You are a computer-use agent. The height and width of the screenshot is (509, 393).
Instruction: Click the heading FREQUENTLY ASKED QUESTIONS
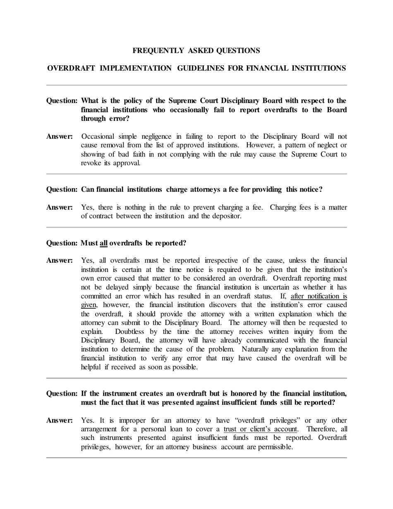click(x=196, y=51)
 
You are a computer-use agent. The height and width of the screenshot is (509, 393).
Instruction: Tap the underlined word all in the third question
click(x=103, y=243)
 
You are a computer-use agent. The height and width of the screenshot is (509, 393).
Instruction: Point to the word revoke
click(x=89, y=163)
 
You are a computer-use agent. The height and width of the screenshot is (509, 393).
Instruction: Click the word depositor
click(x=225, y=216)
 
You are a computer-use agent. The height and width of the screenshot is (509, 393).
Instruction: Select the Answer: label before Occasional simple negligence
click(x=59, y=137)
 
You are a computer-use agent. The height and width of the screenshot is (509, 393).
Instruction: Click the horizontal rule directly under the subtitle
click(x=196, y=85)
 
